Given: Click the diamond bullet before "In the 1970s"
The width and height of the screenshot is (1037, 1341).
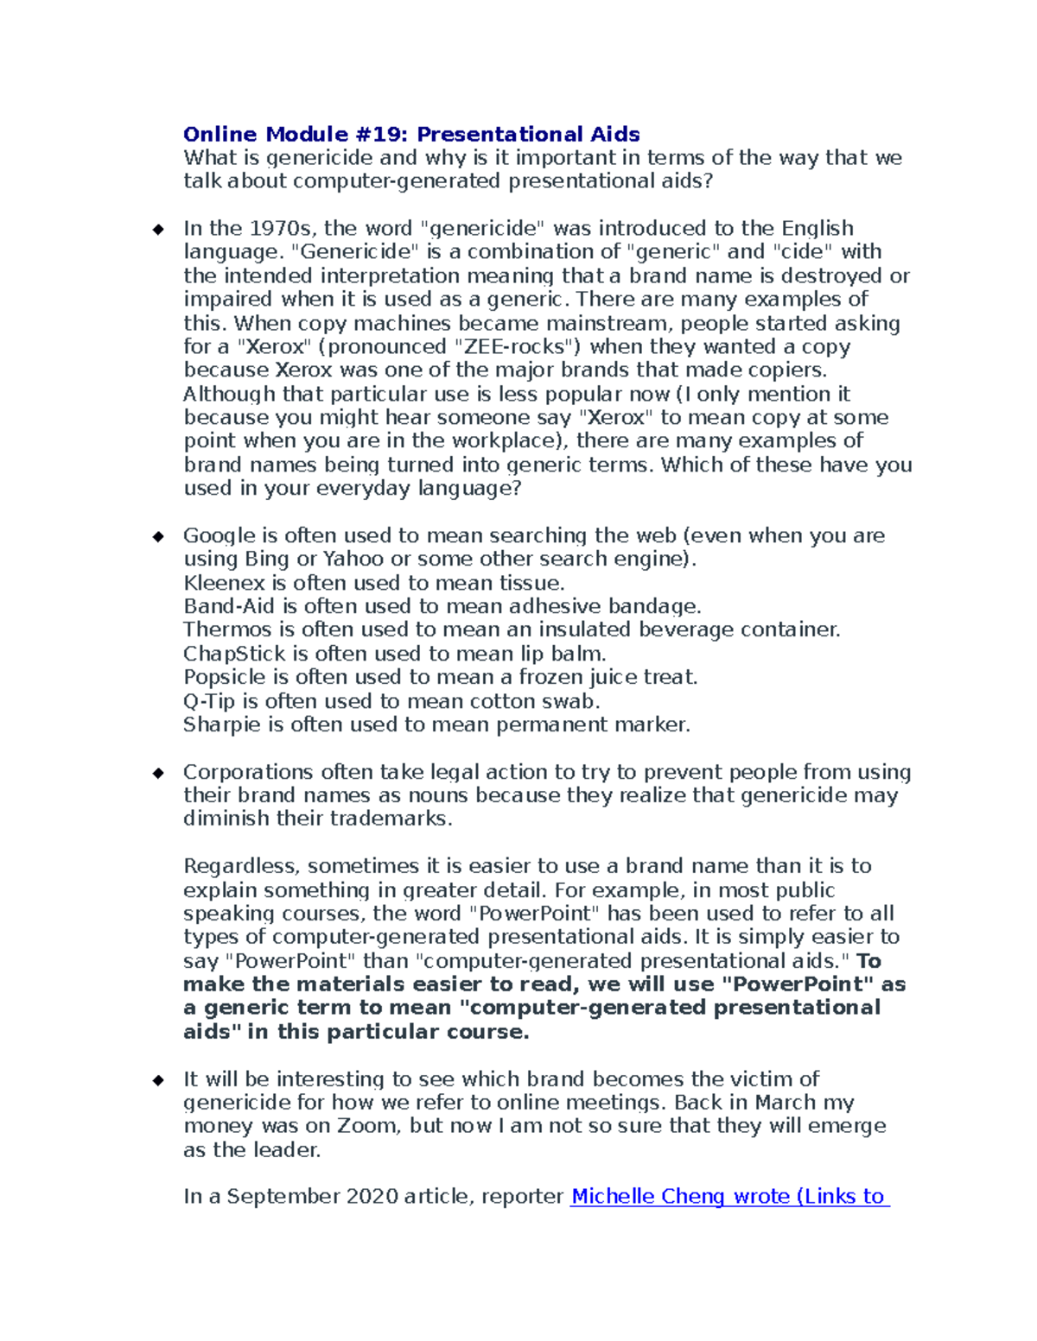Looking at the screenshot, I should point(158,230).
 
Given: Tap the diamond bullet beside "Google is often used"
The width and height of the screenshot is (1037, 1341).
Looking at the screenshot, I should point(158,537).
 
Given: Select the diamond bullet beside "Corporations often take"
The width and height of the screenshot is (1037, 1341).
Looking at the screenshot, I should point(158,773).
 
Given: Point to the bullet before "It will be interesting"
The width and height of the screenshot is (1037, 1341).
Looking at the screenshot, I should point(158,1080).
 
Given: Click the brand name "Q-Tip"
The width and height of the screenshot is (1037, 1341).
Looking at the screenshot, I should point(208,701).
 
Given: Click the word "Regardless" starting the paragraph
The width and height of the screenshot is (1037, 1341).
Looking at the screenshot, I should point(241,867).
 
